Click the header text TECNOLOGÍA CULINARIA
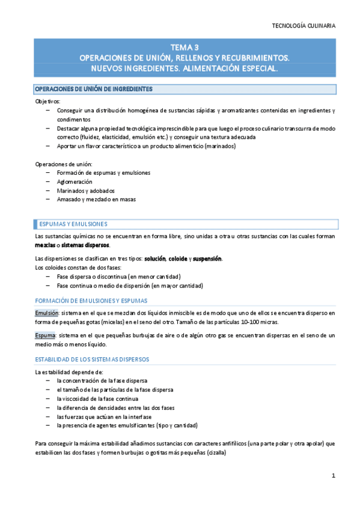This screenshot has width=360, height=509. [304, 26]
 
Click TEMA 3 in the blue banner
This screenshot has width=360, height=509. [184, 47]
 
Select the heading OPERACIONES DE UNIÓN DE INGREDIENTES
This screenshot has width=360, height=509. [93, 89]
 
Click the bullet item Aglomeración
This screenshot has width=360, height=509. [75, 181]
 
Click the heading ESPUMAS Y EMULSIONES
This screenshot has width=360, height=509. [73, 224]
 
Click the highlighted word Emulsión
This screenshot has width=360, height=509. [46, 313]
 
